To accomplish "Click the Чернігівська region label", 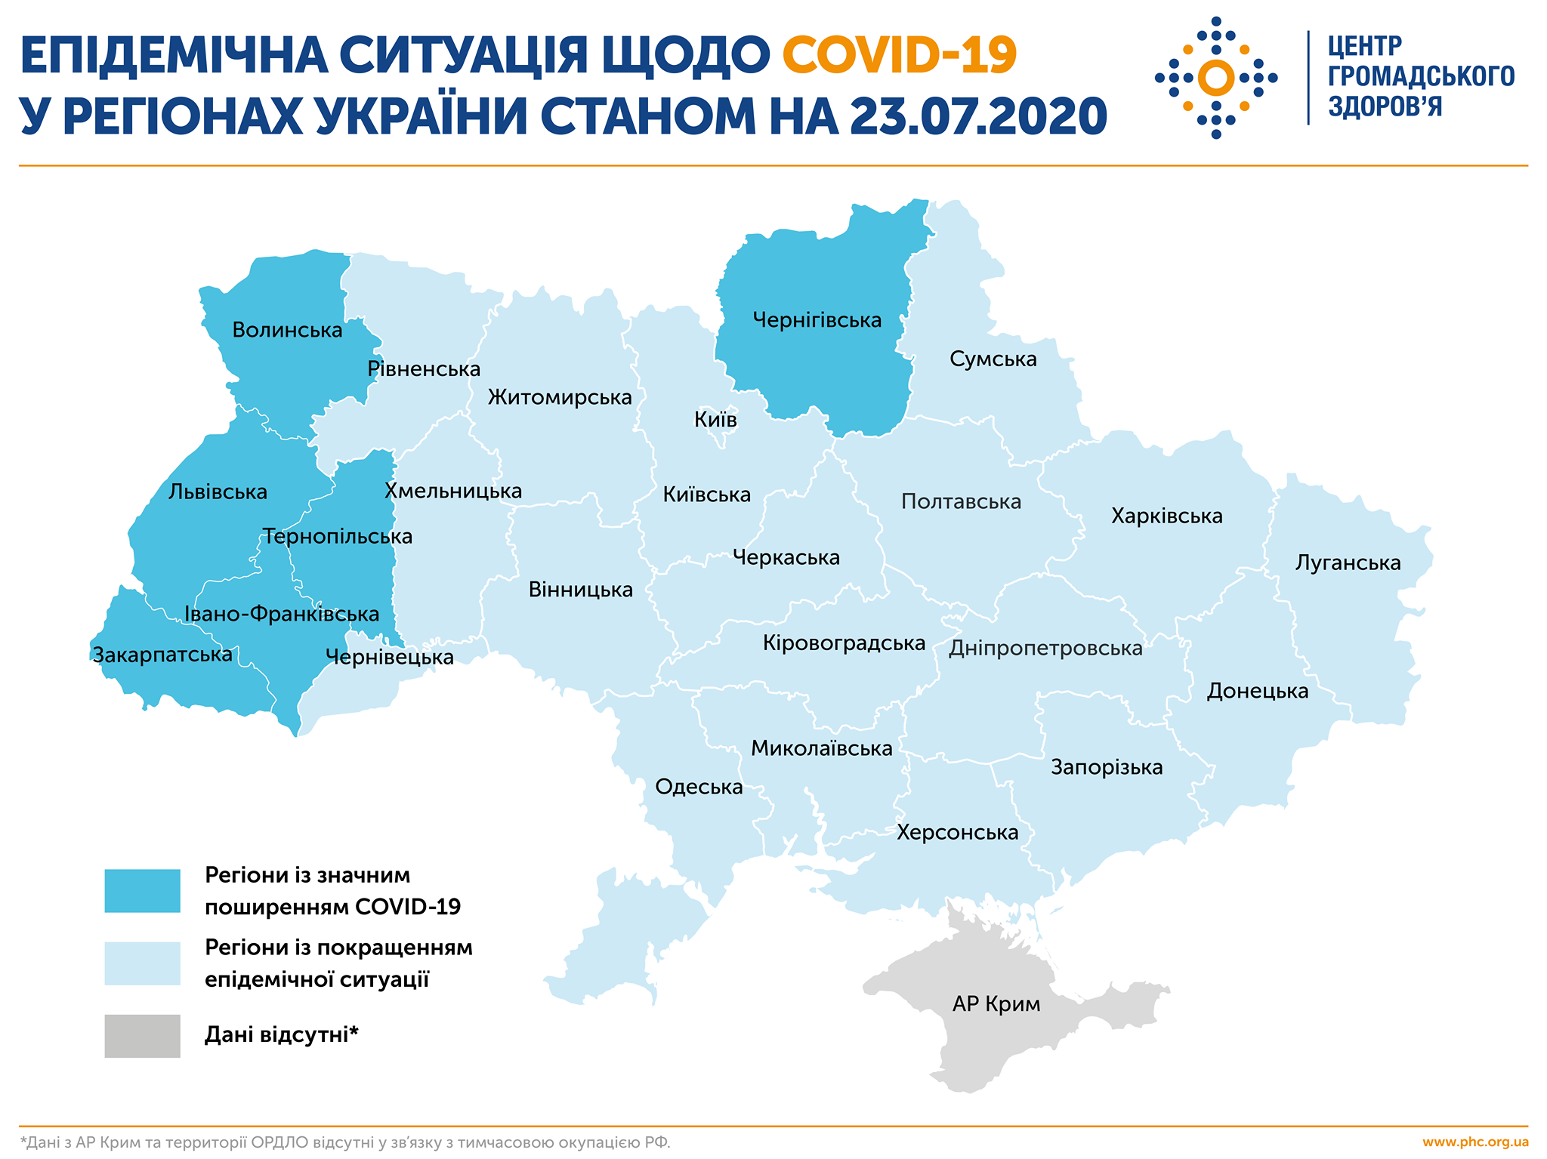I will [817, 321].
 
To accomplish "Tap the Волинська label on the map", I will [287, 331].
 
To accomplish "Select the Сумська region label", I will [993, 359].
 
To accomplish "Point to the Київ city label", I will [715, 420].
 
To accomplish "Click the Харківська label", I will [1166, 516].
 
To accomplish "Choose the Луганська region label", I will [1348, 563].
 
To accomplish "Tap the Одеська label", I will [699, 788].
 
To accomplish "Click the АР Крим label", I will [996, 1004].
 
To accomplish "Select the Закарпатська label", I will [162, 655].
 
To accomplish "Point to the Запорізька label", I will [1107, 768].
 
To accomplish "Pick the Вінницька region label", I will [580, 590].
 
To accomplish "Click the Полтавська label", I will [961, 502].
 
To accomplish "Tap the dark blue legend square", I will [142, 891].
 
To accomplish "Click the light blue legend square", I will [142, 963].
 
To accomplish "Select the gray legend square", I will [142, 1036].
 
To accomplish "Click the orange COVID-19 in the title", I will [900, 54].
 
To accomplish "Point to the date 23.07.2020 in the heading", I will [977, 116].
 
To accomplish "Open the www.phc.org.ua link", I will [1475, 1142].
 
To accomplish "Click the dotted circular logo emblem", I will [1215, 78].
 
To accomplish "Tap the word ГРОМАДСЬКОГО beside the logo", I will [1421, 77].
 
